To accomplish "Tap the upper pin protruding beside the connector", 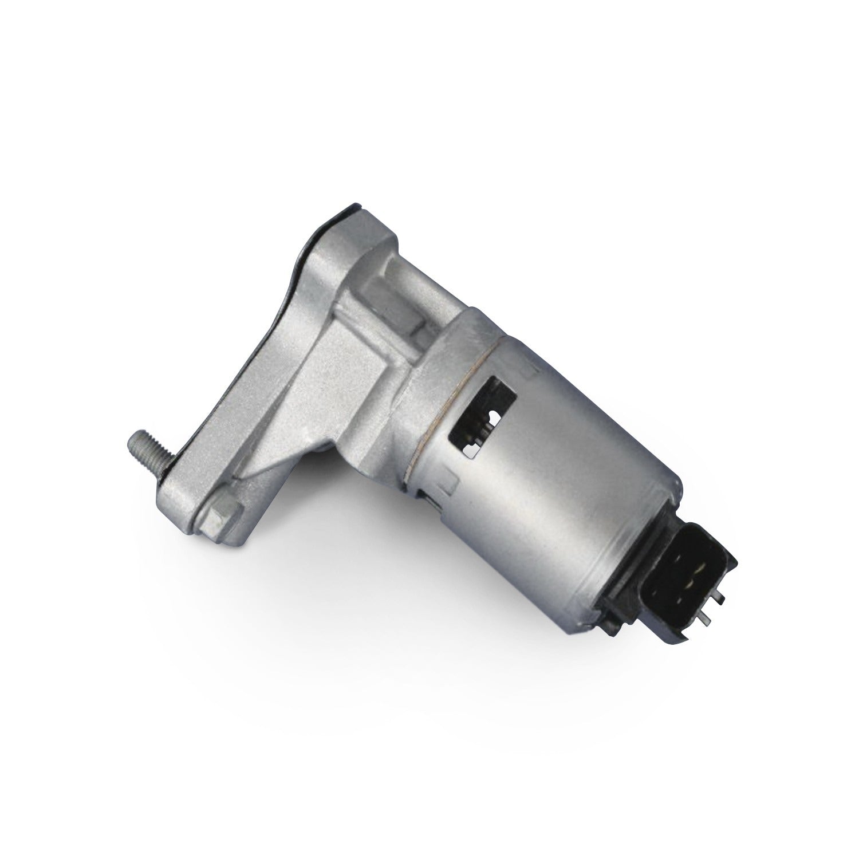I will tap(719, 599).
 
